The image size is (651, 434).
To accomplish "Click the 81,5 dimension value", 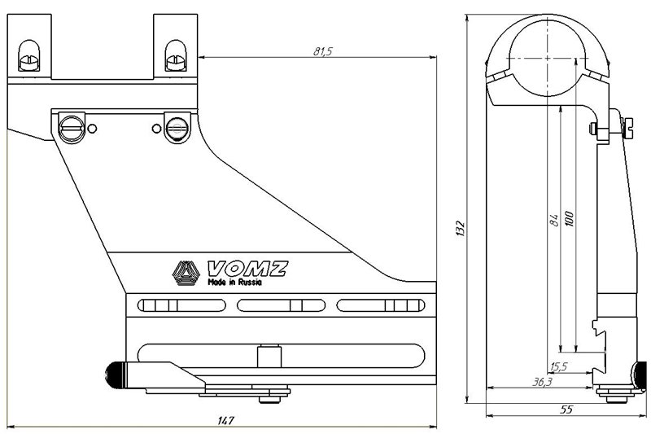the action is tap(322, 51).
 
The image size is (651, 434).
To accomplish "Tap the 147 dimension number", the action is tap(225, 420).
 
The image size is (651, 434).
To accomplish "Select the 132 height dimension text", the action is tap(461, 229).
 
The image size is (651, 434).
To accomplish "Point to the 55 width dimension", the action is tap(566, 410).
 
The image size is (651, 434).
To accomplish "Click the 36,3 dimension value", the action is tap(542, 382).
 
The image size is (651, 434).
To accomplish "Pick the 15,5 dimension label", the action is tap(558, 366).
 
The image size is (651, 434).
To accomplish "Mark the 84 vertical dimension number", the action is tap(553, 220).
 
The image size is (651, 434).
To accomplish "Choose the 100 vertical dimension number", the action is tap(569, 219).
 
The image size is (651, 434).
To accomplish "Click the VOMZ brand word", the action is tap(247, 269).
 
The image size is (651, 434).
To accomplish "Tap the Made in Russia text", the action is tap(234, 283).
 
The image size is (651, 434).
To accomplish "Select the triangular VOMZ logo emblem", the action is tap(186, 273).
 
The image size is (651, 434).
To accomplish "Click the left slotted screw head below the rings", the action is tap(72, 128).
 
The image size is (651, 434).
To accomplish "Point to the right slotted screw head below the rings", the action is tap(177, 128).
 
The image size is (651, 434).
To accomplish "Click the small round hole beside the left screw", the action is tap(93, 129).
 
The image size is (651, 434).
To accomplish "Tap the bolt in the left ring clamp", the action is tap(29, 56).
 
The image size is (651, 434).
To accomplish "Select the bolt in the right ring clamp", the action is tap(176, 56).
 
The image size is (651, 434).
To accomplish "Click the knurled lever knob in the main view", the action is tap(116, 375).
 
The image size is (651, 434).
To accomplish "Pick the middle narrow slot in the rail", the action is tap(281, 305).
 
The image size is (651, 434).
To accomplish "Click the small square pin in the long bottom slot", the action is tap(269, 357).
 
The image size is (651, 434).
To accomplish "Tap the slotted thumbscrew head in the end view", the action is tap(627, 128).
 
